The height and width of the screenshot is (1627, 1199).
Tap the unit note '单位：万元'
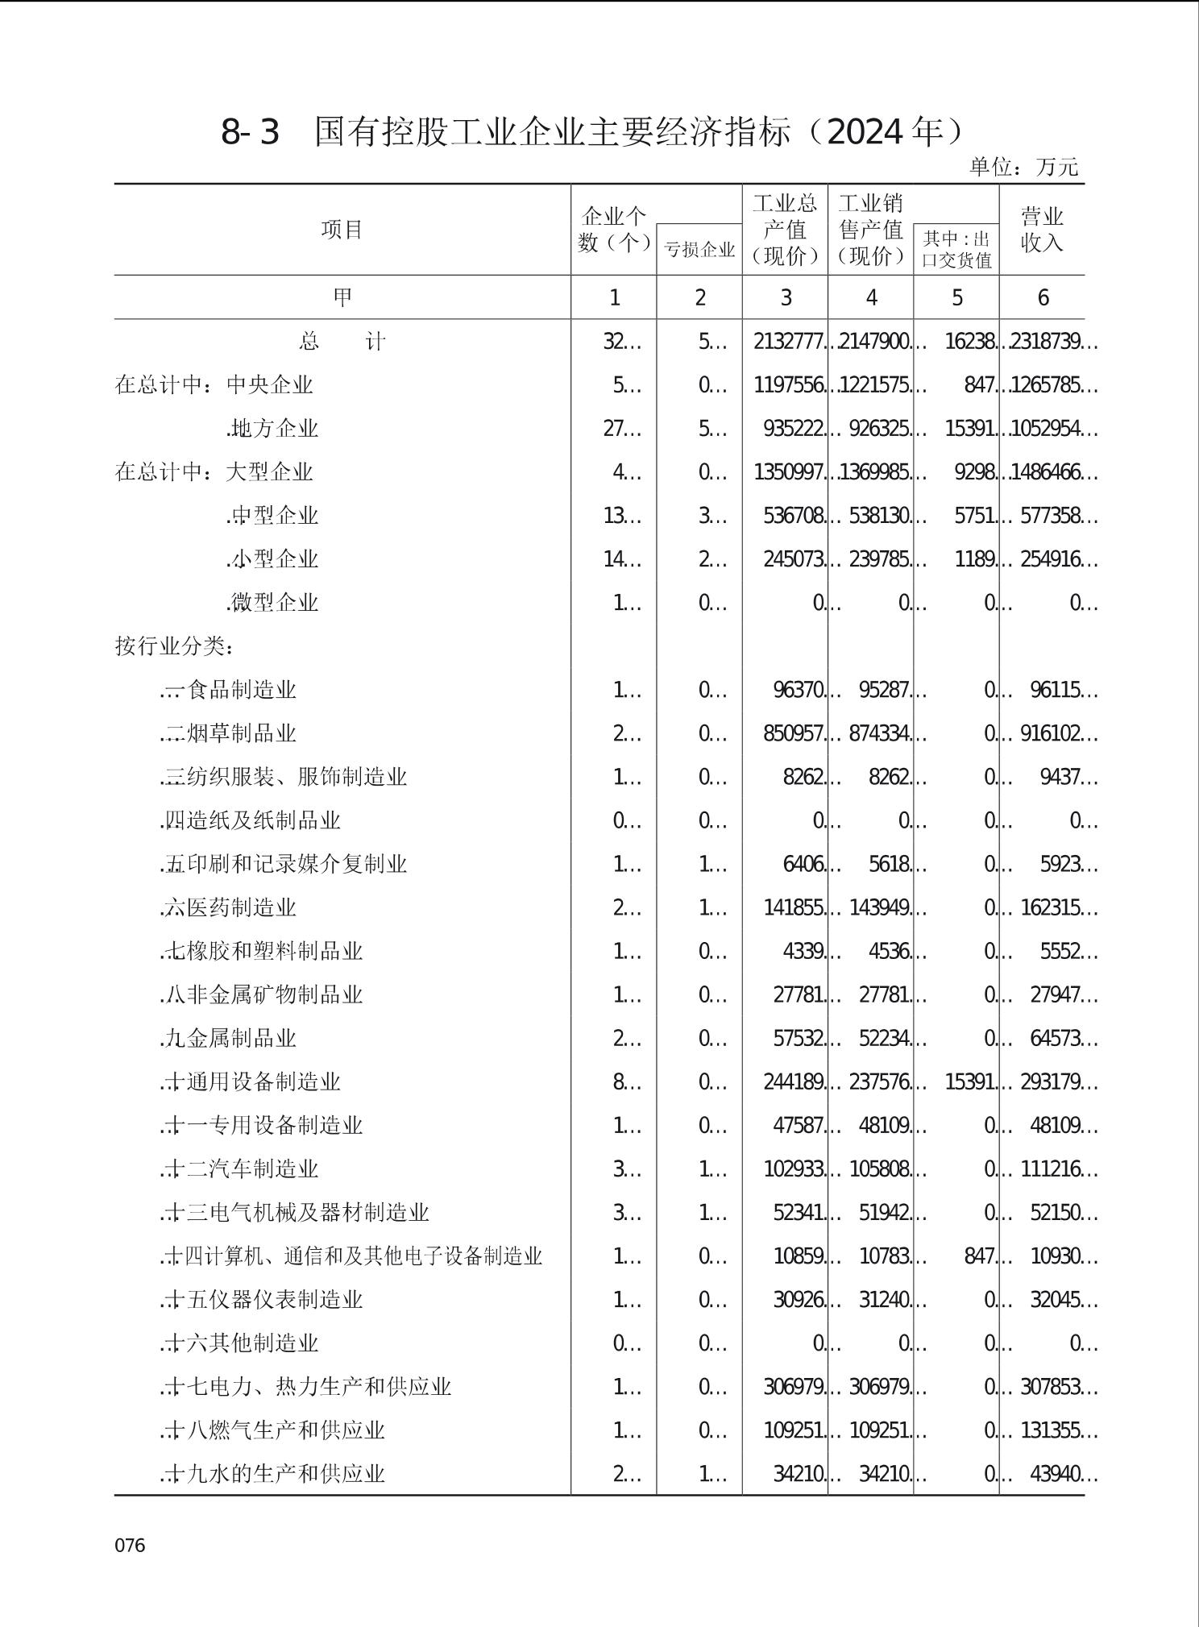point(1023,168)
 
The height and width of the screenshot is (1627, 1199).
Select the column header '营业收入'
point(1042,230)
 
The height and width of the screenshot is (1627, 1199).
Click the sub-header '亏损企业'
point(699,250)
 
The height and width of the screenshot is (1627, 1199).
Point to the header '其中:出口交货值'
point(956,250)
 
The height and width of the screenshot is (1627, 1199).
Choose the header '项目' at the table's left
point(342,230)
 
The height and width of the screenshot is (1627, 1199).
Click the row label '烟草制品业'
point(241,733)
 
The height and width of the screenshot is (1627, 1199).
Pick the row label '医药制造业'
point(241,907)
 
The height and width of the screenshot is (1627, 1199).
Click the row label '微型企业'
point(274,603)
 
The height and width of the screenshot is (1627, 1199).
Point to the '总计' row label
point(342,342)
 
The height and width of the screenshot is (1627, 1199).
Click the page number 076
point(130,1545)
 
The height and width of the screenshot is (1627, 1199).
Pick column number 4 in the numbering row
point(871,298)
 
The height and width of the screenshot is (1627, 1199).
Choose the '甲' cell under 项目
point(342,298)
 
